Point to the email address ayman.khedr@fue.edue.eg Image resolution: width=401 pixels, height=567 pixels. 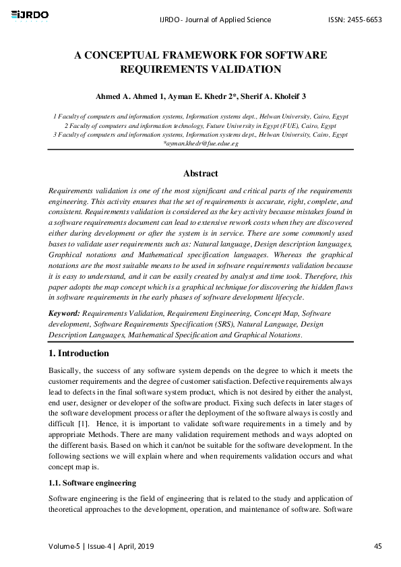[201, 144]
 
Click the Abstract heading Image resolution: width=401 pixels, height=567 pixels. [201, 174]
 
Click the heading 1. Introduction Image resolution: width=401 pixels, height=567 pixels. [80, 354]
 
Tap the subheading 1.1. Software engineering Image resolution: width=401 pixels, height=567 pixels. [93, 483]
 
